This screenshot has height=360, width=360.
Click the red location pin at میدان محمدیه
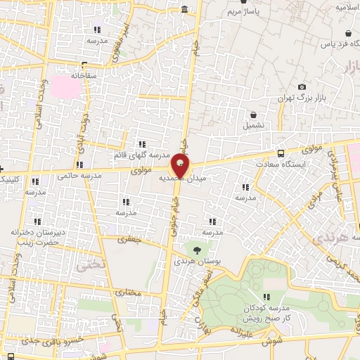point(180,167)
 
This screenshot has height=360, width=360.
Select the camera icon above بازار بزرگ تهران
point(302,86)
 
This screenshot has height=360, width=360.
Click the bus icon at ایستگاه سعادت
point(281,153)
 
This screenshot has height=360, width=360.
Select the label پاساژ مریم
point(247,12)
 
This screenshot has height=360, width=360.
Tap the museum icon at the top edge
point(184,9)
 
